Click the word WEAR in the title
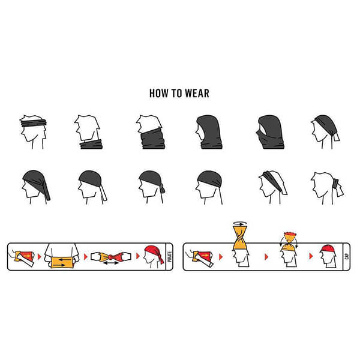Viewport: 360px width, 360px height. pos(197,93)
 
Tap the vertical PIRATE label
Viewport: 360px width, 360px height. pos(170,257)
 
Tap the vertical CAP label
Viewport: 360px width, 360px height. pos(346,256)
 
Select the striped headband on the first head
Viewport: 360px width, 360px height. pos(34,122)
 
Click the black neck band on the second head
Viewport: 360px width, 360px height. pos(91,144)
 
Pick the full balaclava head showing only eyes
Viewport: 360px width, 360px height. pos(270,132)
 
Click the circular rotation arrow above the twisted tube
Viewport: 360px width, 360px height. pos(240,223)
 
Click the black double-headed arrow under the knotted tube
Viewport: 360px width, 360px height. pos(111,263)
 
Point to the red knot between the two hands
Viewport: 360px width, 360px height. pos(110,257)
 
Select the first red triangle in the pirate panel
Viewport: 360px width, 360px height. pos(39,256)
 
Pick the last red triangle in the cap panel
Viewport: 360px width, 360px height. pos(311,256)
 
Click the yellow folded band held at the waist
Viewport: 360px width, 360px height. pos(62,262)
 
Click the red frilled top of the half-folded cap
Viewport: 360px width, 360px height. pos(290,236)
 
